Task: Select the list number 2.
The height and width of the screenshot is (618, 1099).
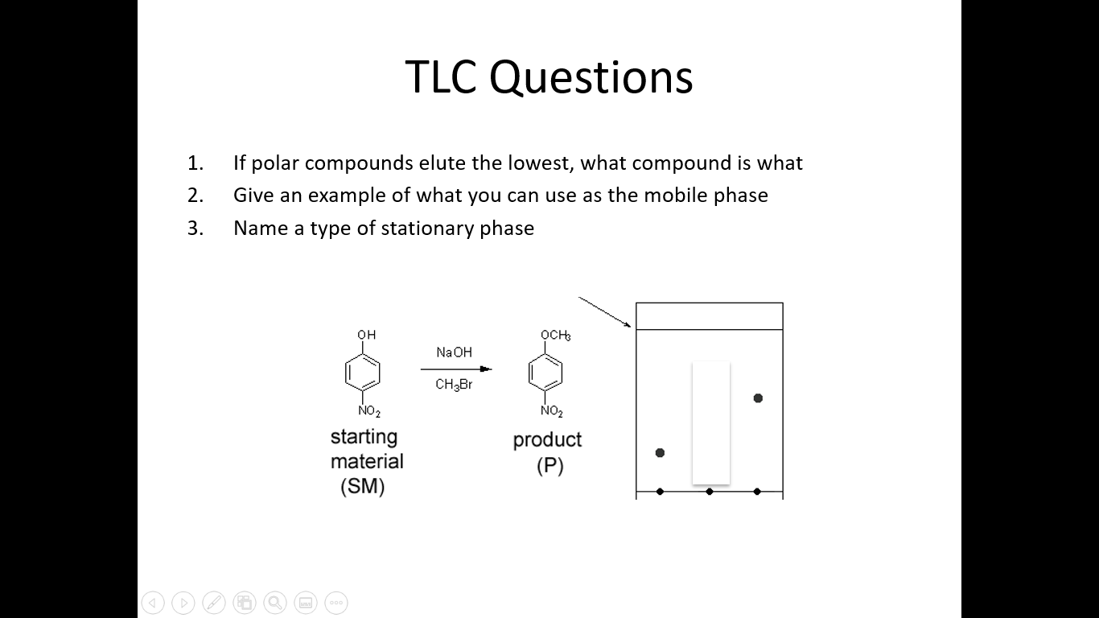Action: point(196,196)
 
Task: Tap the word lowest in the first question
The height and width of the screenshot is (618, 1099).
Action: point(538,163)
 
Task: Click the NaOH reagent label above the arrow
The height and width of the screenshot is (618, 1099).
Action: point(454,352)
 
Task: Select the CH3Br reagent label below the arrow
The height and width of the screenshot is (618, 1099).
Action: point(454,385)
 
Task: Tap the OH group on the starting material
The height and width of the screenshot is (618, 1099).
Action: point(366,335)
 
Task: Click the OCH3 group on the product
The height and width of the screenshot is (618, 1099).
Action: point(555,335)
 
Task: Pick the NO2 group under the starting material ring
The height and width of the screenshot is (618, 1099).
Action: point(368,411)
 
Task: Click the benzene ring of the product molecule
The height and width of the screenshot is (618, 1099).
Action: point(545,373)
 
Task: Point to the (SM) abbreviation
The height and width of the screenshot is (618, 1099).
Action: point(362,487)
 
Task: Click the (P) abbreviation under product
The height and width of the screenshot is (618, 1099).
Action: point(550,467)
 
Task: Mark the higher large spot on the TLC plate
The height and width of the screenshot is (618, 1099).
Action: point(758,398)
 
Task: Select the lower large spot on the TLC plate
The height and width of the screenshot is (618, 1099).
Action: point(660,453)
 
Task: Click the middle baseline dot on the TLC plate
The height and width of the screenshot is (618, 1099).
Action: point(709,492)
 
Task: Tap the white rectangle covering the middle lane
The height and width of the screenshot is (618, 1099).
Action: point(711,422)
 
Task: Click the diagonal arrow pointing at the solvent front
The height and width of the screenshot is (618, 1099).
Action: point(604,312)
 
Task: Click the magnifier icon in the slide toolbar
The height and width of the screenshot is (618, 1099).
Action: point(274,602)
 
